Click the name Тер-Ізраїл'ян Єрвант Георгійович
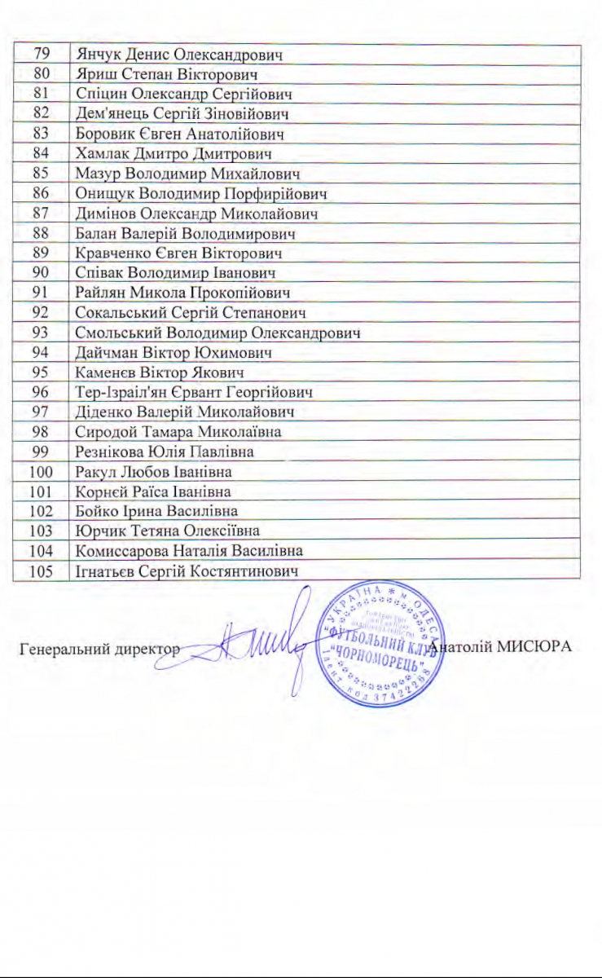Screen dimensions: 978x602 click(195, 392)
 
